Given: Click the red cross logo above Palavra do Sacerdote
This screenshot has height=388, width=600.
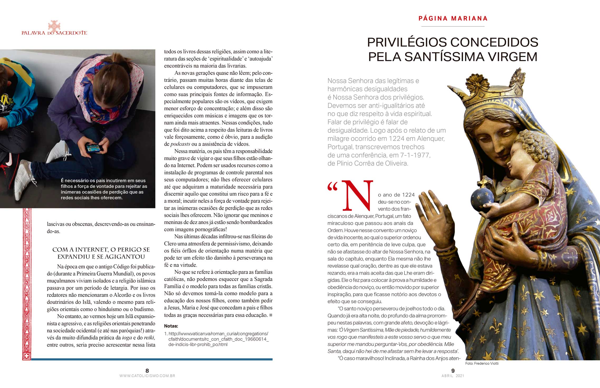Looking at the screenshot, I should point(54,26).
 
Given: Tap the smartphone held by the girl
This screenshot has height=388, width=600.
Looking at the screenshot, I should point(94,148).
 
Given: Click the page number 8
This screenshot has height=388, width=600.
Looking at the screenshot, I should point(147,371).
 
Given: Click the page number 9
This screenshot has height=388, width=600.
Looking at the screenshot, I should point(453,371).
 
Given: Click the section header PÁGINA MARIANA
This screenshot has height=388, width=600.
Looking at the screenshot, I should point(453,18).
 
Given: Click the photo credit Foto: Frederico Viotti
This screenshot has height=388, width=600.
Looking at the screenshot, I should point(482,363).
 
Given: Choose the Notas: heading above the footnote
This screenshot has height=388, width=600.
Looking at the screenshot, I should point(171,326).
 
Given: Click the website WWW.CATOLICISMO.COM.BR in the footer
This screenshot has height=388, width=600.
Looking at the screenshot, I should point(147,376).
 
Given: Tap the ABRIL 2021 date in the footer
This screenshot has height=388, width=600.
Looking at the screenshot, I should point(453,376).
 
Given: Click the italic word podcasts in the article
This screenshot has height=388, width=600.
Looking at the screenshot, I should point(180,144).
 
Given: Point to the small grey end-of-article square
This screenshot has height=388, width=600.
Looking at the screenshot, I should point(271,315).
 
